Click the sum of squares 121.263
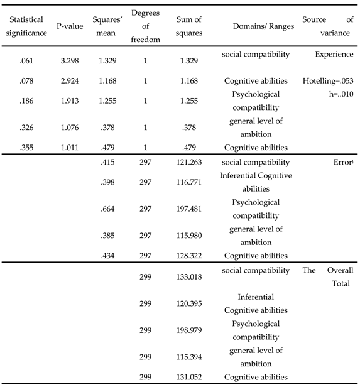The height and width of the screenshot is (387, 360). click(x=189, y=162)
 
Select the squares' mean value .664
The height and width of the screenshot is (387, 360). click(x=108, y=209)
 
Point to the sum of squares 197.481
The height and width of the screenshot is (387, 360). click(x=189, y=209)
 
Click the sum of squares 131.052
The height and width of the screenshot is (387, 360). click(x=189, y=377)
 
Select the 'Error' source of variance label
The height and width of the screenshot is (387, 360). click(x=344, y=162)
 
